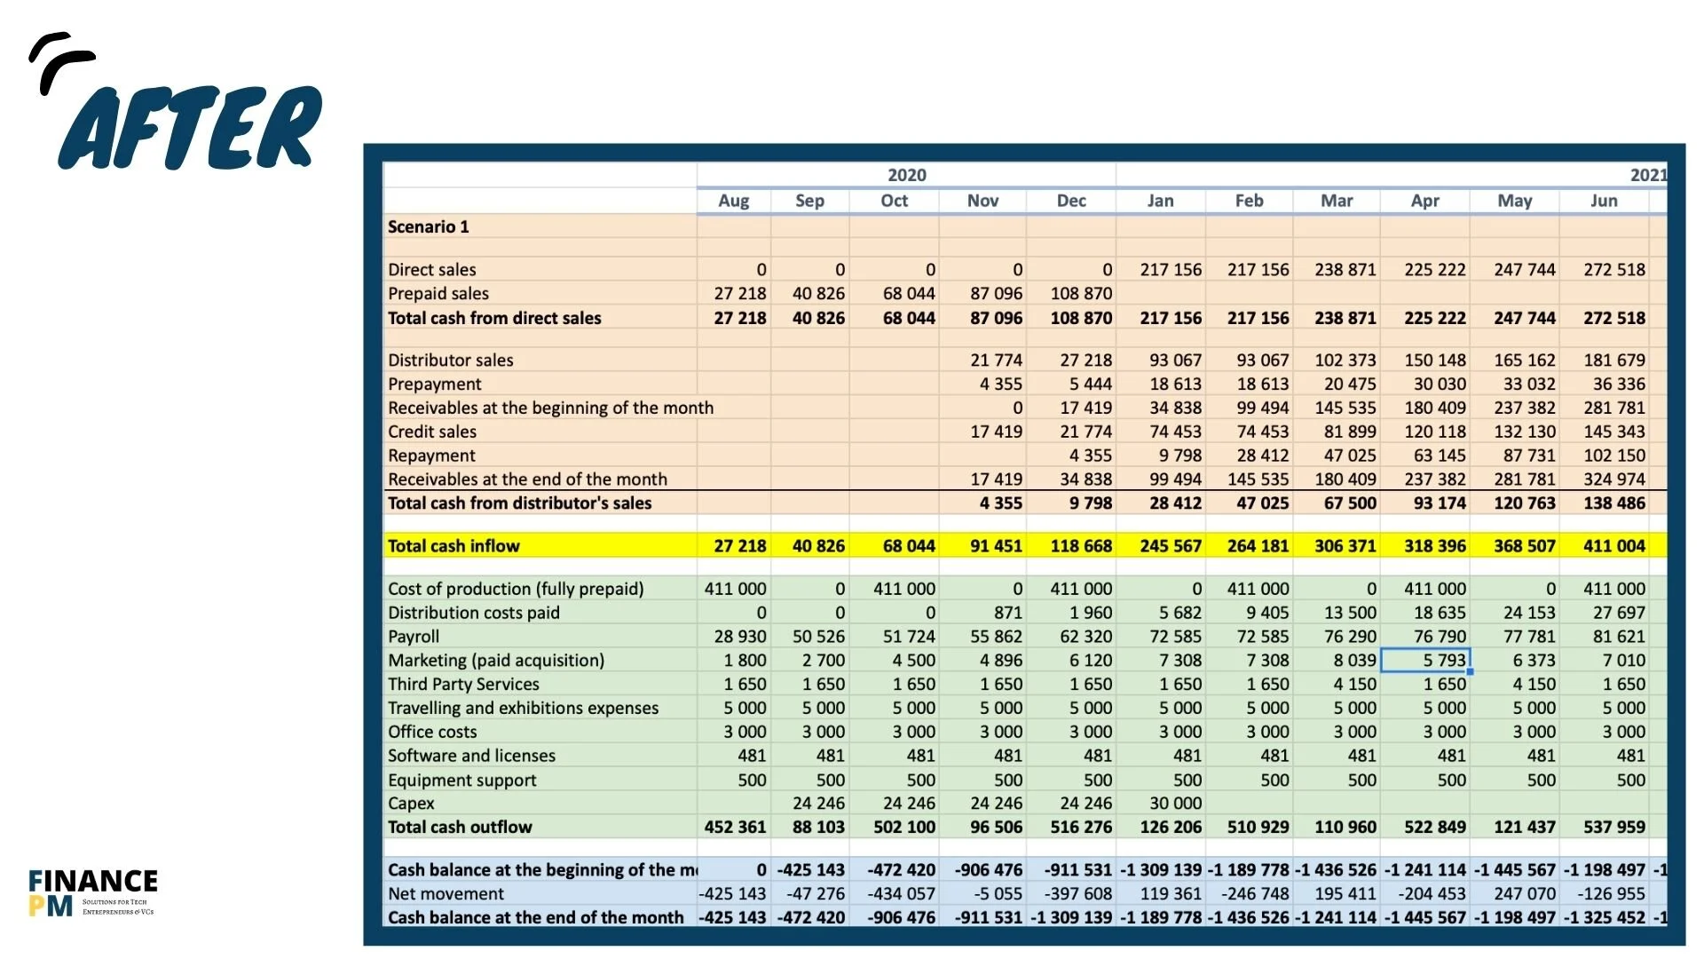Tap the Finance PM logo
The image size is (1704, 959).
[92, 892]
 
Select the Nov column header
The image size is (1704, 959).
[982, 201]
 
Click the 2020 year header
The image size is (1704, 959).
[906, 175]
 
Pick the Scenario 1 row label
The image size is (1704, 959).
[428, 226]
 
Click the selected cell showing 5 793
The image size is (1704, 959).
[1425, 660]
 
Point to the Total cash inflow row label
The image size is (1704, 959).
[454, 545]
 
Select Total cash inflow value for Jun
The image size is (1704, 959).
[1613, 545]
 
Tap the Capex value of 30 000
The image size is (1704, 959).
[1175, 803]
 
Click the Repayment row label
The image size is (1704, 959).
[431, 456]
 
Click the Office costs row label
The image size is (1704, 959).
[432, 732]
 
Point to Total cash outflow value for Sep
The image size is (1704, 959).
[817, 827]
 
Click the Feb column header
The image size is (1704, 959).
[1249, 201]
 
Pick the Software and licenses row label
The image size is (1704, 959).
[471, 756]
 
